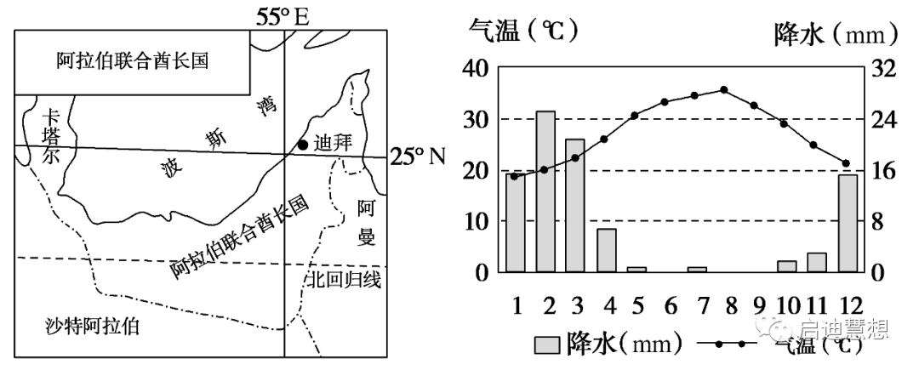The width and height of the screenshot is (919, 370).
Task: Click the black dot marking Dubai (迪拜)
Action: click(302, 145)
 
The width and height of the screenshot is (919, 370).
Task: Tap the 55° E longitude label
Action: click(282, 17)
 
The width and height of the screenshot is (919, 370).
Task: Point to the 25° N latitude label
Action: click(418, 157)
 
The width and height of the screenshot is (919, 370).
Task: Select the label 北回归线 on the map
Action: click(344, 280)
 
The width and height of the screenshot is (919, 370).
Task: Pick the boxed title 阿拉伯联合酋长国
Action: click(133, 60)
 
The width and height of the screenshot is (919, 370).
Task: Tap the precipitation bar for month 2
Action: click(545, 191)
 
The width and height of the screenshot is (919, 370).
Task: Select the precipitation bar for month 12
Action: click(848, 224)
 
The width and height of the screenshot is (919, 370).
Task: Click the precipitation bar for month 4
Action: click(606, 251)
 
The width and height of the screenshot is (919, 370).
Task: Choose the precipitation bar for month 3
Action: click(575, 206)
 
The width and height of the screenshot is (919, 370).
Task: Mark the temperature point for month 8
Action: click(724, 89)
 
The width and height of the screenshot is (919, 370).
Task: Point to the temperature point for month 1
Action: click(514, 176)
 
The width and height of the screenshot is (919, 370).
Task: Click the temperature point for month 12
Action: click(846, 162)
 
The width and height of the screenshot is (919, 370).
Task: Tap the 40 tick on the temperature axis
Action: click(476, 69)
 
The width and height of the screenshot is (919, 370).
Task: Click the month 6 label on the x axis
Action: click(671, 305)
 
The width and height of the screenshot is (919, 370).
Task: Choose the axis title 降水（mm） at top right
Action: click(836, 34)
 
